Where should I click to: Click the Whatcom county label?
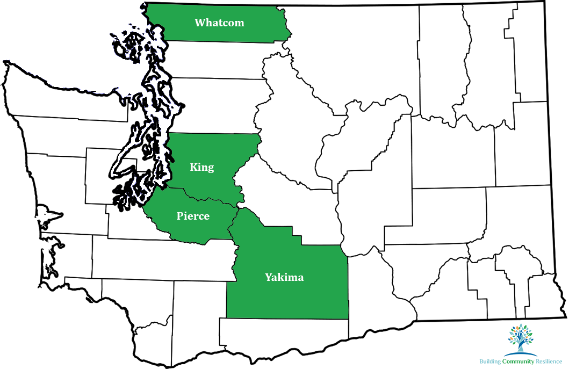[x=219, y=23]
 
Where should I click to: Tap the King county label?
[x=202, y=167]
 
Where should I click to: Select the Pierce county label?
[x=193, y=216]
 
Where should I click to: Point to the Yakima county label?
[x=284, y=278]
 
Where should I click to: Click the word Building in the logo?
[x=490, y=362]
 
